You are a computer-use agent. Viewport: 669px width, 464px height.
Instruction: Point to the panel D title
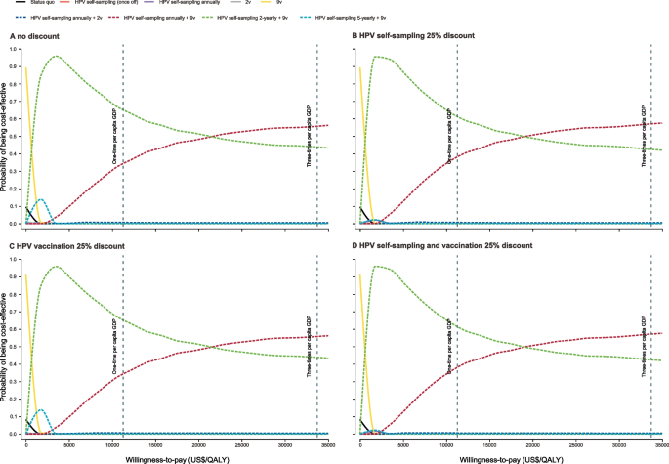point(445,244)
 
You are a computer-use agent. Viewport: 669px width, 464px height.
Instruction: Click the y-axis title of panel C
point(5,347)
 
